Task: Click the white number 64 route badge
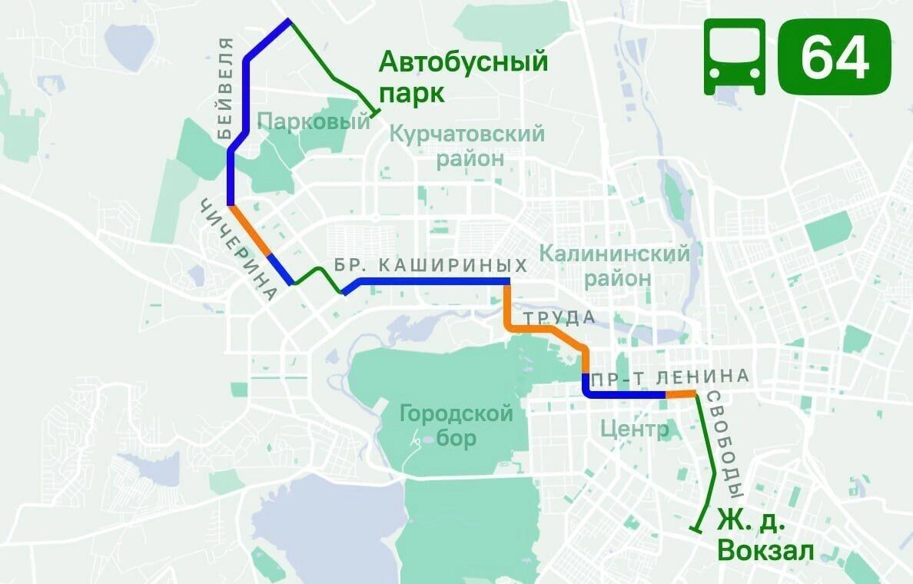click(x=835, y=58)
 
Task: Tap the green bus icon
click(x=735, y=58)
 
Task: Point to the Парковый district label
click(x=314, y=121)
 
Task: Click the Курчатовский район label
click(x=468, y=146)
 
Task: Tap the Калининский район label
click(x=615, y=264)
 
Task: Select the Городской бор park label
click(x=456, y=426)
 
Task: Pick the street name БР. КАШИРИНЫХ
click(x=431, y=266)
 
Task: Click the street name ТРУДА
click(x=559, y=317)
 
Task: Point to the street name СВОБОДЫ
click(x=726, y=445)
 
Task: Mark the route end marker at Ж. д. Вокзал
click(x=696, y=529)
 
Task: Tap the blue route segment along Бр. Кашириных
click(x=430, y=282)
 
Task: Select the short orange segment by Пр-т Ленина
click(x=679, y=395)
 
